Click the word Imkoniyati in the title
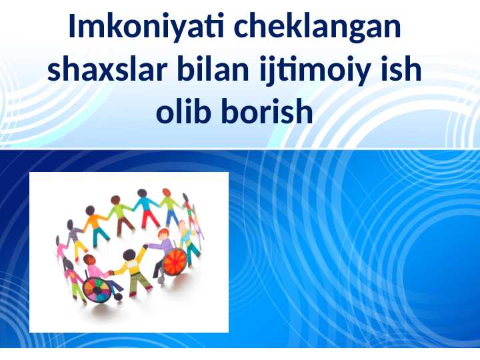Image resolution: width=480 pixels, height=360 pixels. coord(146,26)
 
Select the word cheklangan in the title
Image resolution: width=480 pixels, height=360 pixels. coord(317,26)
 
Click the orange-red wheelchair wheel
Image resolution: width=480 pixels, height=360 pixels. coord(175,262)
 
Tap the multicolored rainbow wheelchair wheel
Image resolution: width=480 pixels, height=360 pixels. coord(97,290)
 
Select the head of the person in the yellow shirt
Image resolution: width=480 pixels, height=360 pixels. coord(129,255)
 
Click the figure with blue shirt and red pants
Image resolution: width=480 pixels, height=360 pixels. coord(146,208)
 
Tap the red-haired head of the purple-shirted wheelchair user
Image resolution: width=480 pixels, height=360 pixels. coord(163,234)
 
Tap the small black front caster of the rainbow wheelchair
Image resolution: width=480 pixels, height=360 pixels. coord(118,296)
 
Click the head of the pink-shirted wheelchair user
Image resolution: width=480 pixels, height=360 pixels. coord(89,260)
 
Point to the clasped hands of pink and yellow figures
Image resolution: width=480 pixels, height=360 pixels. coord(111,272)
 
